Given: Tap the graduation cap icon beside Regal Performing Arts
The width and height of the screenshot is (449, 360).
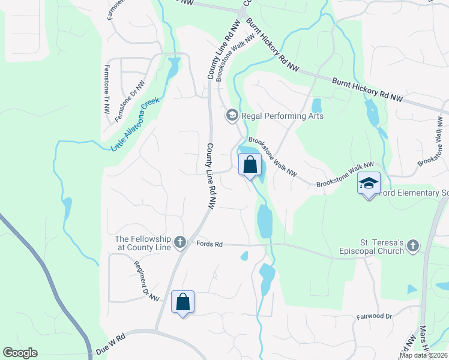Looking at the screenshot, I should (x=232, y=115).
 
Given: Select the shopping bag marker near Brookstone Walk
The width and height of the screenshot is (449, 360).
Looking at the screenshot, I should (x=250, y=164).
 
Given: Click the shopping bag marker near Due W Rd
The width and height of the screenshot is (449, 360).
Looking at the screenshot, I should (x=183, y=302).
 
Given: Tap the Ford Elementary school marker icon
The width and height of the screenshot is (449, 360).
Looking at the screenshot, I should (x=369, y=184).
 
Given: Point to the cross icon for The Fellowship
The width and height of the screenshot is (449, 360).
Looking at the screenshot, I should (x=179, y=243).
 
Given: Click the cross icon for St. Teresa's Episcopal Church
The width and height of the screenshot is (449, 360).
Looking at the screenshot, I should (x=412, y=245).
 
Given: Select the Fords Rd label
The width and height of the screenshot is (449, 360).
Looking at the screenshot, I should (x=209, y=244).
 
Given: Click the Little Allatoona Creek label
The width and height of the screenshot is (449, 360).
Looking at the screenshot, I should (x=135, y=124).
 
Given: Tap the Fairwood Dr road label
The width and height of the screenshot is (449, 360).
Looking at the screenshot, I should (x=374, y=316).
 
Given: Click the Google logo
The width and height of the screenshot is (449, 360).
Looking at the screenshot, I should (x=20, y=353).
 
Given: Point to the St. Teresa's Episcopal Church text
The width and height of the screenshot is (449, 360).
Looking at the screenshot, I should (x=372, y=247).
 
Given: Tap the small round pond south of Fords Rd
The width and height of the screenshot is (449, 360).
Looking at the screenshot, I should (x=244, y=256).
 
